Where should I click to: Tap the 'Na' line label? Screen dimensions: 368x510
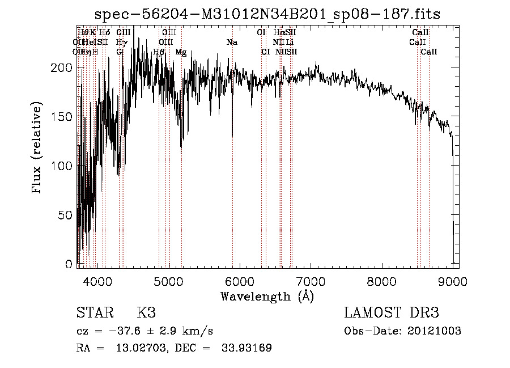click(x=232, y=42)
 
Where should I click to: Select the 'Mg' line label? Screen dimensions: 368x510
click(x=181, y=52)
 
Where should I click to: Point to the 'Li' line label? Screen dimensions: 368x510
click(x=290, y=42)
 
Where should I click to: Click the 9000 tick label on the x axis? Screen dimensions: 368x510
click(x=453, y=282)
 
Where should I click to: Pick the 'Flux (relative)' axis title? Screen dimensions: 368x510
click(x=38, y=149)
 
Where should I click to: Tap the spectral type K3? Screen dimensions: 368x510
click(x=146, y=313)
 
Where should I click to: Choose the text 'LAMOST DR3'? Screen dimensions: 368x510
click(x=392, y=313)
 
